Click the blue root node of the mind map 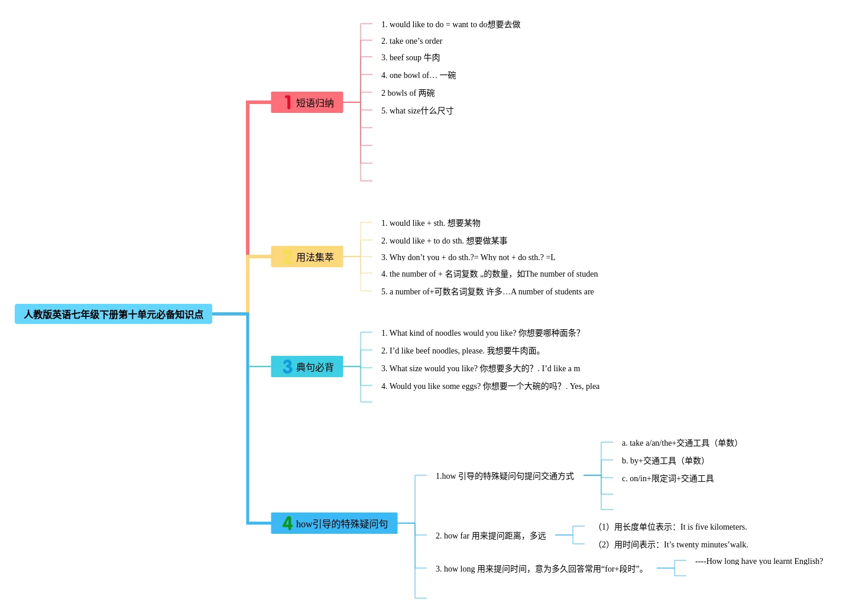click(x=113, y=314)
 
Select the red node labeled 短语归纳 click(x=307, y=102)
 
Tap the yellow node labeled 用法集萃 click(x=307, y=257)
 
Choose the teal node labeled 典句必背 click(x=307, y=366)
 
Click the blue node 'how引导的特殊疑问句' click(x=334, y=523)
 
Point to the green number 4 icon click(x=287, y=523)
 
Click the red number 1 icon click(x=287, y=102)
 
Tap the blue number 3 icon click(x=287, y=366)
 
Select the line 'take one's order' click(x=411, y=41)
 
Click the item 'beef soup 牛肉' click(x=410, y=57)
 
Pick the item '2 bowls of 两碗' click(x=407, y=93)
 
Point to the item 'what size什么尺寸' click(x=417, y=111)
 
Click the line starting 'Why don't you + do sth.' click(x=468, y=257)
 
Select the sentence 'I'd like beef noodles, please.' click(x=461, y=351)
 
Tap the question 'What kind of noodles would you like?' click(x=480, y=333)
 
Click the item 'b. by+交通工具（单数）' click(x=663, y=460)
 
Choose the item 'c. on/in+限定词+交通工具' click(x=667, y=478)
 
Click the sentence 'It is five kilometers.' click(x=713, y=527)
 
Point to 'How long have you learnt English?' click(x=759, y=561)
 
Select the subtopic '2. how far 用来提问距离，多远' click(x=491, y=536)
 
